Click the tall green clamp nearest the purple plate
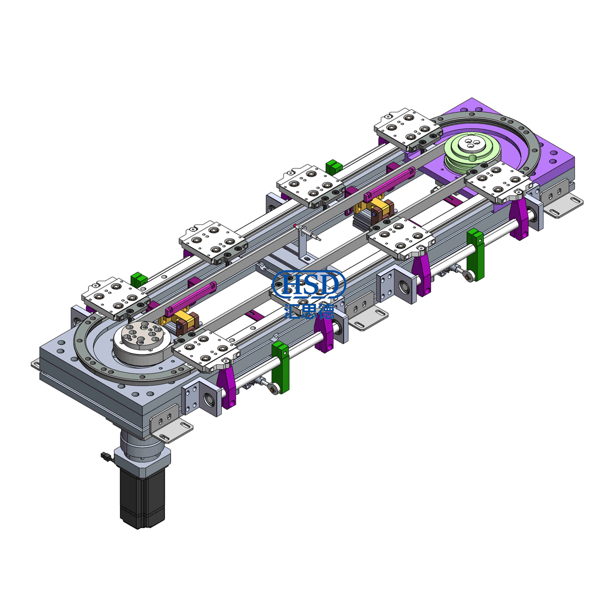[x=475, y=255]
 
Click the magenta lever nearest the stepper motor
[x=227, y=386]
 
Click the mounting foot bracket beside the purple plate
[x=565, y=206]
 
